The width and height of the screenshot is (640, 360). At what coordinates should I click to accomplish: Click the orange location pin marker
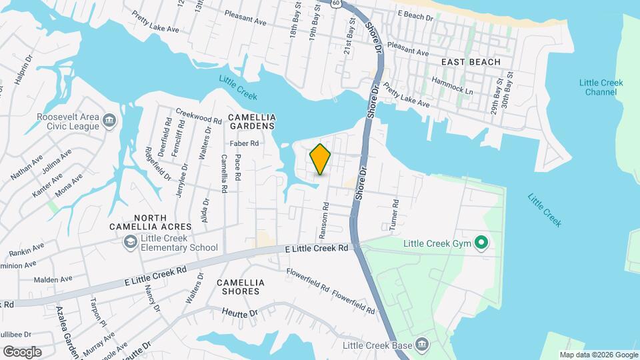coord(321,159)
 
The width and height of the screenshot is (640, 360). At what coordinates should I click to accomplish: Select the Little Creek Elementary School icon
coord(131,241)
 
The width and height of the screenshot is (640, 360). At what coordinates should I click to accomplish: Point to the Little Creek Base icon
coord(421,345)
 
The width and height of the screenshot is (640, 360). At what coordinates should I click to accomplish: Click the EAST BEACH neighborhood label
coord(471,62)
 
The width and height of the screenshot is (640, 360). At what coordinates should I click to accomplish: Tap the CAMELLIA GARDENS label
coord(251,121)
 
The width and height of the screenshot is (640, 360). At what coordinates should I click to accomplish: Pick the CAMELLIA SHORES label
coord(241,287)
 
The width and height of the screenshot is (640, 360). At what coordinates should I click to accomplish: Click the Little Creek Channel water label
coord(601,87)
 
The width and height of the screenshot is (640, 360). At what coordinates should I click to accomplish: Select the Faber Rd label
coord(243,143)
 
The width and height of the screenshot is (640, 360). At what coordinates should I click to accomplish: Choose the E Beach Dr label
coord(415,13)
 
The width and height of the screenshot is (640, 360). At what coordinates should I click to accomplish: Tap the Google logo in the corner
coord(22,351)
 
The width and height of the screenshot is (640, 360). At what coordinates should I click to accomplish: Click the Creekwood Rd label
coord(198,117)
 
